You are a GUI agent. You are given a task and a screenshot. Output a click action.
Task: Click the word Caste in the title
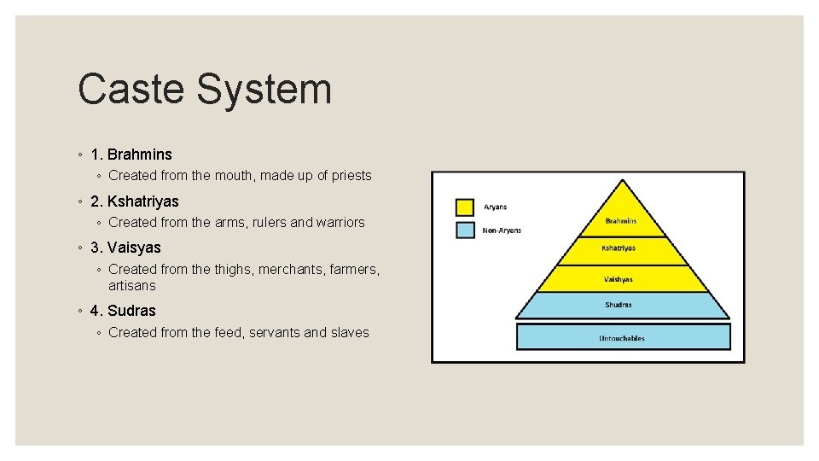pos(130,90)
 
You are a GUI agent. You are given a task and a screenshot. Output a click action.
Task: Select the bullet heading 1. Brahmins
pos(131,155)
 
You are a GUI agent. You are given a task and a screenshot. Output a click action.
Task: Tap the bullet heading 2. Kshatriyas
pos(134,201)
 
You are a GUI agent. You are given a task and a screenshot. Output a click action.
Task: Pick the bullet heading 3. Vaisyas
pos(125,248)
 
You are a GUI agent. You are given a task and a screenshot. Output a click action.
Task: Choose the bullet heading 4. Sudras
pos(123,311)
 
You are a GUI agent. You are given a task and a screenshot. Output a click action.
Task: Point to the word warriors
pos(340,223)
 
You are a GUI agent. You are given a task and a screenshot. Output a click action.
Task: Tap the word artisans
pos(132,285)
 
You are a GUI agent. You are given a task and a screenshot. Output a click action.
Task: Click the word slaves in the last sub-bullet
pos(349,333)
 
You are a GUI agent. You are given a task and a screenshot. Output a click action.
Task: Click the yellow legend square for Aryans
pos(465,207)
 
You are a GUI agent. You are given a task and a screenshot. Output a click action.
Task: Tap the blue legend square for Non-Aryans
pos(465,230)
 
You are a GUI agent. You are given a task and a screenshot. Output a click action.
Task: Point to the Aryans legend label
pos(496,207)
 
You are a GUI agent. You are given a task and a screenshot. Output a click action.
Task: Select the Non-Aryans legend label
pos(502,230)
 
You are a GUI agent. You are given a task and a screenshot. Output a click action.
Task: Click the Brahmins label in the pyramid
pos(621,221)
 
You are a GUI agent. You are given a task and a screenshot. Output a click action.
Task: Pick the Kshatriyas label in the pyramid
pos(619,248)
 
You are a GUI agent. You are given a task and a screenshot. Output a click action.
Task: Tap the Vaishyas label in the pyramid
pos(619,279)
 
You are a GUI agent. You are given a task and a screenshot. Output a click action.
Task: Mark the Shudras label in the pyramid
pos(619,305)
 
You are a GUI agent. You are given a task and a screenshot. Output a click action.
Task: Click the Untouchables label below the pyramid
pos(622,339)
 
